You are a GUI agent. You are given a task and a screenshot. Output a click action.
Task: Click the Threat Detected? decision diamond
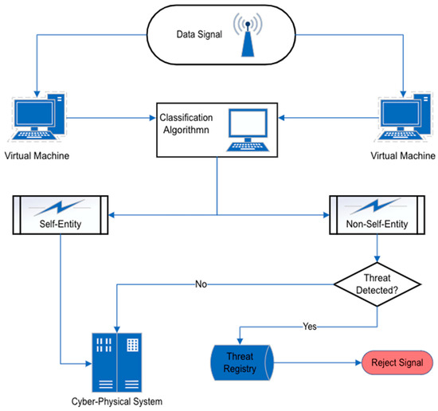click(x=377, y=283)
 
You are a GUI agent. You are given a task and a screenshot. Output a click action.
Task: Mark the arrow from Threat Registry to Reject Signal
click(x=319, y=362)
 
